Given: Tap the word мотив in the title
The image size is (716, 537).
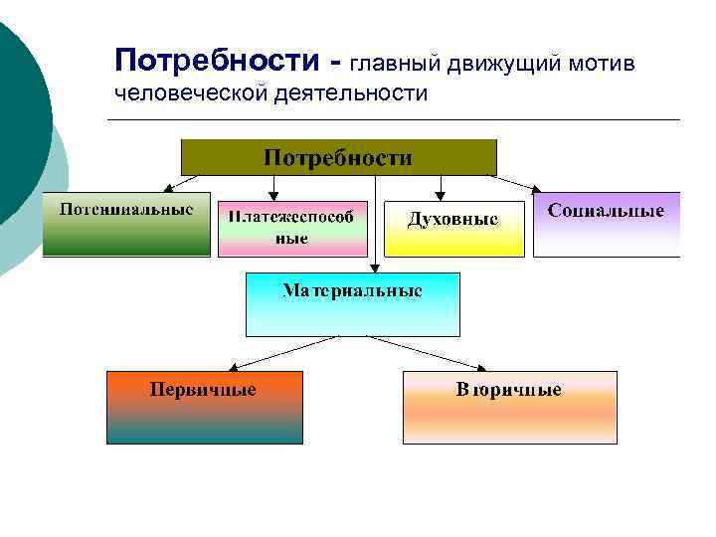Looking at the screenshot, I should [609, 64].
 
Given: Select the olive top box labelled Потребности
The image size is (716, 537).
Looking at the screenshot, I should [338, 158].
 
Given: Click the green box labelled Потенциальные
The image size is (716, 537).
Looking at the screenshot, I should [125, 225].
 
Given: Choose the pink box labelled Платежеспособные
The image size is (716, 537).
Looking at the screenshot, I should [291, 229].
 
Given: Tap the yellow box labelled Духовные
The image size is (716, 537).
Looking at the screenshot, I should [453, 230].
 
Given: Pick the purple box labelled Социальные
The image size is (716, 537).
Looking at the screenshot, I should [606, 225].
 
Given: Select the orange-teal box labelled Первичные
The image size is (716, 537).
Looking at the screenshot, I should [204, 407].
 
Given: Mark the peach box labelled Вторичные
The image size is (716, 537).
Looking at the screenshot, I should [509, 407].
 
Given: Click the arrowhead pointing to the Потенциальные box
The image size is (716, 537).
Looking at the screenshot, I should [168, 188].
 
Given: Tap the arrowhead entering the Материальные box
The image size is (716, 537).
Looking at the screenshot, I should [373, 268].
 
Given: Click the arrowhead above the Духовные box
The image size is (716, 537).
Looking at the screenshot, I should [441, 196].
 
